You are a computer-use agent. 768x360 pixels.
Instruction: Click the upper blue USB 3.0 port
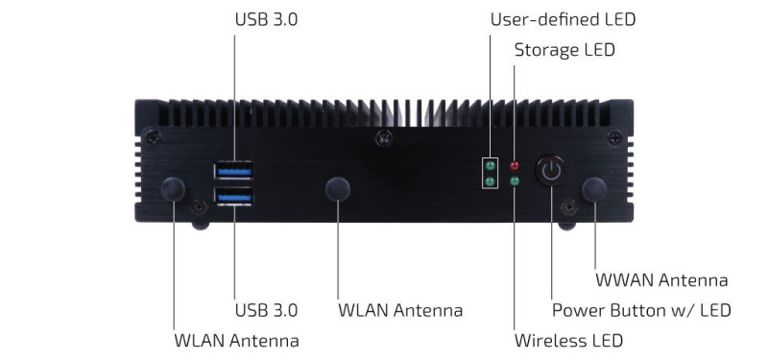(x=233, y=171)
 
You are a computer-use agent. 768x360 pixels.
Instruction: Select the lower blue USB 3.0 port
(x=233, y=197)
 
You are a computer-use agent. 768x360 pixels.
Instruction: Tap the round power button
(x=551, y=170)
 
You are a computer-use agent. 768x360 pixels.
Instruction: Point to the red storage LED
(x=515, y=165)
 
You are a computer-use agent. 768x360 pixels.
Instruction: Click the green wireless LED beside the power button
(x=515, y=181)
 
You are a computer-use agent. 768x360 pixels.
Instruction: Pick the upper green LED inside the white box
(x=490, y=165)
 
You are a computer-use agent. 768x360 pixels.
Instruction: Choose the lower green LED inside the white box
(x=490, y=181)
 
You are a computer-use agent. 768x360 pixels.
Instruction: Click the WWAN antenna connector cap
(x=594, y=189)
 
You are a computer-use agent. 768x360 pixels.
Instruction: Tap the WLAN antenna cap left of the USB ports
(x=174, y=189)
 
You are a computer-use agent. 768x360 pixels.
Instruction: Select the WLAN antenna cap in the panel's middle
(x=338, y=189)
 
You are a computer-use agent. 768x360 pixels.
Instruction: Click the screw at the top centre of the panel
(x=383, y=138)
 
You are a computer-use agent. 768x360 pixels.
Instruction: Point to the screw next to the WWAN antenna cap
(x=569, y=207)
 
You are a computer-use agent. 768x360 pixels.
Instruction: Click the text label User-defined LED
(x=563, y=19)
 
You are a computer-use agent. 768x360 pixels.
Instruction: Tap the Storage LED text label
(x=564, y=50)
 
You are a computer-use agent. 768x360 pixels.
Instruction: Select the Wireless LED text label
(x=568, y=340)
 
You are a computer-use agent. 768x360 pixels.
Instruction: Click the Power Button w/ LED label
(x=641, y=310)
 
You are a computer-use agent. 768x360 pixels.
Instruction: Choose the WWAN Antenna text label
(x=661, y=280)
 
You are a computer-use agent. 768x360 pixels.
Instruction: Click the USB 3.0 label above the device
(x=266, y=19)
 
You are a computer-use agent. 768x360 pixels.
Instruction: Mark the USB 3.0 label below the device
(x=266, y=310)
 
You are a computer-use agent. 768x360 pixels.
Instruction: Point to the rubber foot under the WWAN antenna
(x=566, y=226)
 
